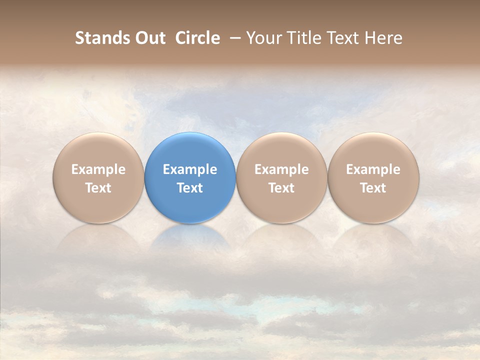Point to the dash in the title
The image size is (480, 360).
tap(233, 38)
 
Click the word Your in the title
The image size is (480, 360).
tap(263, 38)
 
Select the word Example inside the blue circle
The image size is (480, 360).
tap(190, 169)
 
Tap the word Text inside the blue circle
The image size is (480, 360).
tap(190, 188)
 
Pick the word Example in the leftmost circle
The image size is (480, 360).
tap(98, 169)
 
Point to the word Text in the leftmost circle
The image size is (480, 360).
tap(98, 188)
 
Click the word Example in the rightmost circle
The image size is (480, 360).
tap(373, 169)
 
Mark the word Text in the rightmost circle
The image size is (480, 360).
tap(373, 188)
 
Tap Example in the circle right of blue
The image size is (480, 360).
tap(281, 169)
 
